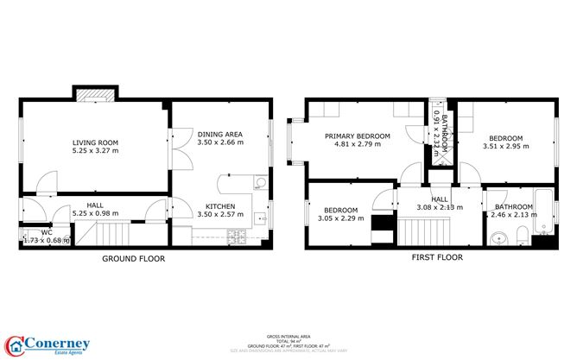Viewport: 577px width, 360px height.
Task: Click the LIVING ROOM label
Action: (95, 142)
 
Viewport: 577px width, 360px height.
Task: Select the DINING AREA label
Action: (219, 135)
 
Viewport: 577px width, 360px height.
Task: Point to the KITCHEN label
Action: (219, 205)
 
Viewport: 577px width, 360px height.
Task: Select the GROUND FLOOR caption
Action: (134, 258)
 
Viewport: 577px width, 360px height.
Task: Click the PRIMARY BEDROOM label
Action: (357, 136)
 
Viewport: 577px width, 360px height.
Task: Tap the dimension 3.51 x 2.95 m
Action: (505, 147)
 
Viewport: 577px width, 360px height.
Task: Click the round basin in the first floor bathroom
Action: (497, 238)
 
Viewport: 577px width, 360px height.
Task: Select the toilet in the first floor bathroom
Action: (521, 237)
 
